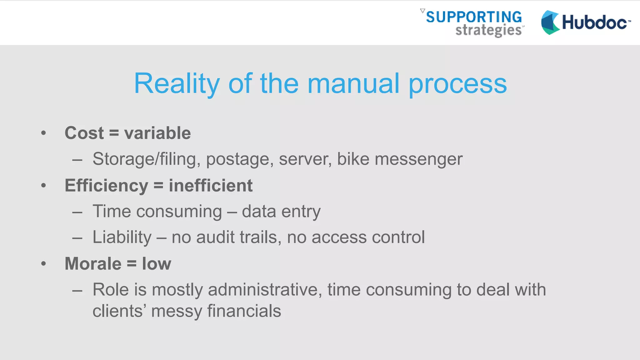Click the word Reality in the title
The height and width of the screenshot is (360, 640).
click(177, 83)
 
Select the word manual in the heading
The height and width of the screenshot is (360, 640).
click(353, 83)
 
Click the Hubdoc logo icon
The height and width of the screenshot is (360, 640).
click(550, 22)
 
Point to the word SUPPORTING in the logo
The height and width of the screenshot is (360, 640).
click(474, 17)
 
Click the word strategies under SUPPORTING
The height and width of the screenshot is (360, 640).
click(488, 31)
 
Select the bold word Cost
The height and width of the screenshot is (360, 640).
click(84, 133)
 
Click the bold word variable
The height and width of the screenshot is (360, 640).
click(157, 133)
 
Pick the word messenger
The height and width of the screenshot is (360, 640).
click(418, 159)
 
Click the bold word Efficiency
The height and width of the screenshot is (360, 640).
click(107, 186)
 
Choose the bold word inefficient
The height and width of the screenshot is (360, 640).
click(211, 186)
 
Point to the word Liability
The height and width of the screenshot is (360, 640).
click(122, 237)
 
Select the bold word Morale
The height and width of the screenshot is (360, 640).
click(93, 264)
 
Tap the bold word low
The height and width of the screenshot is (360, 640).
click(157, 264)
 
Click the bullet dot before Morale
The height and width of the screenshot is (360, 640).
click(43, 264)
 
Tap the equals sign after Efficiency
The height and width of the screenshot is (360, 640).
click(158, 186)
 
